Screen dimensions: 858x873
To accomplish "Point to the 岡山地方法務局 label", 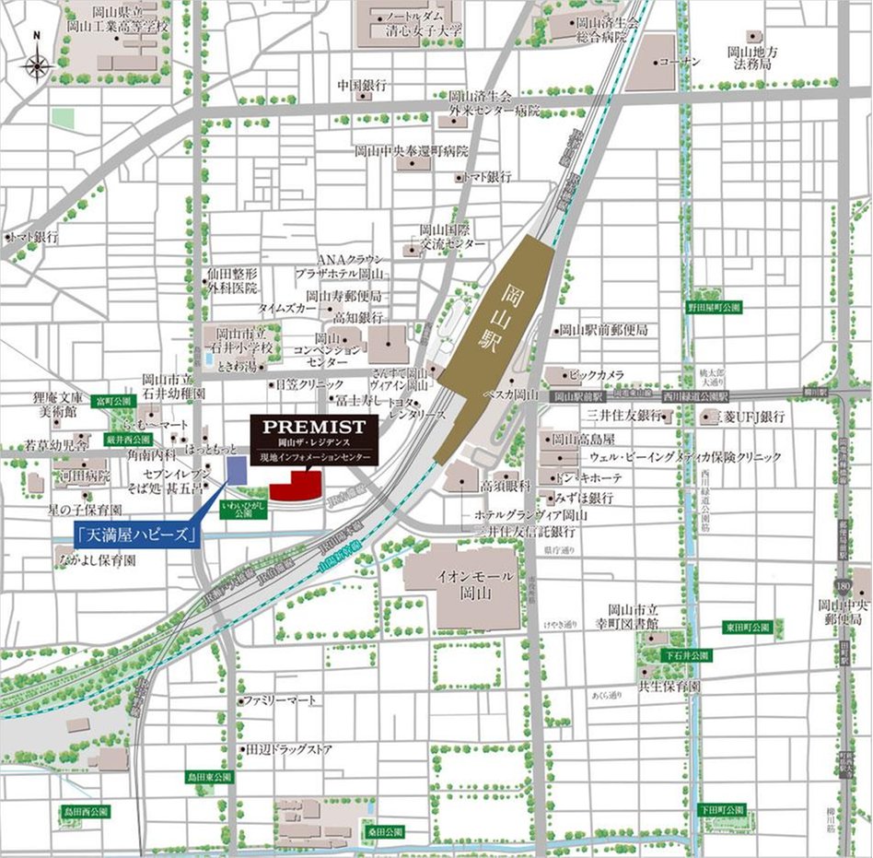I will [x=752, y=59].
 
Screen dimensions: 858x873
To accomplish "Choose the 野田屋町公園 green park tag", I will [x=715, y=307].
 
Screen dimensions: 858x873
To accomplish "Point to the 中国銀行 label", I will [x=360, y=85].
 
